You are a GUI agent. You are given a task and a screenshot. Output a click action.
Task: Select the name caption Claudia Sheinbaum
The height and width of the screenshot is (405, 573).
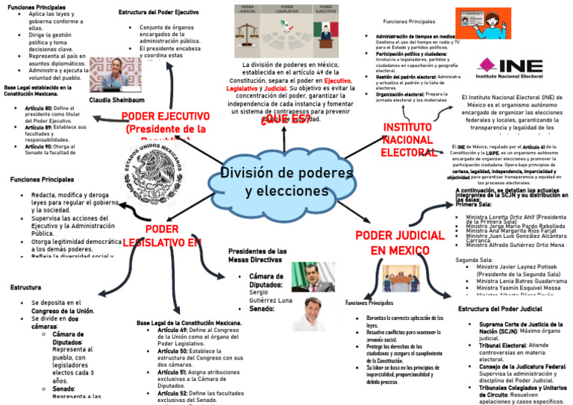(116, 100)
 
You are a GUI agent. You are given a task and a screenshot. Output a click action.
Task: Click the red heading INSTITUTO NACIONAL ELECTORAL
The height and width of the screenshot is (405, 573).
(408, 139)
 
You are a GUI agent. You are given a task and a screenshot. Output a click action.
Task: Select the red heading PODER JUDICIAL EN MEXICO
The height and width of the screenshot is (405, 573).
(399, 242)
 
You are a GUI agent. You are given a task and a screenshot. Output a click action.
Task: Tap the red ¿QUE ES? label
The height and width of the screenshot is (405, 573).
(282, 122)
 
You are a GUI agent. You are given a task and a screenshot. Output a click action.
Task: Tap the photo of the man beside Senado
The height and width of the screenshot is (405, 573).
(308, 314)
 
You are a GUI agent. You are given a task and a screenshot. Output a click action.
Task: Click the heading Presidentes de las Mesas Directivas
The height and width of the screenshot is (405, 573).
(257, 256)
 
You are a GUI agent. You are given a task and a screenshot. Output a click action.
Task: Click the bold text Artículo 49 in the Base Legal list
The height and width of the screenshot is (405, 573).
(173, 329)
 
